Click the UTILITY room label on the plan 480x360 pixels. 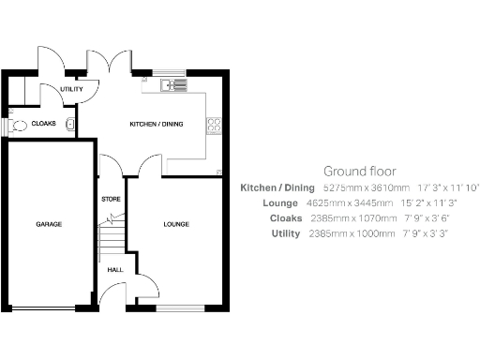tap(71, 90)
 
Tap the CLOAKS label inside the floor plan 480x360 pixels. tap(43, 124)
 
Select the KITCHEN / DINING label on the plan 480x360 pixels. tap(155, 124)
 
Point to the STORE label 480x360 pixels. tap(111, 200)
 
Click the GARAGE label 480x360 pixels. tap(49, 225)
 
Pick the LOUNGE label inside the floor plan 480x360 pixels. tap(175, 225)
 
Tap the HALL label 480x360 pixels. tap(115, 270)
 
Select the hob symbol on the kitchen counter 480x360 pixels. tap(216, 122)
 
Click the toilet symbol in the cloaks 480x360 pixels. tap(18, 124)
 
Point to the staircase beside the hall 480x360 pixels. tap(112, 234)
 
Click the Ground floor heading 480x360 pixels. tap(359, 172)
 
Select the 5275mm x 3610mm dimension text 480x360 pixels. tap(359, 187)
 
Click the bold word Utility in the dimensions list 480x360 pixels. tap(282, 233)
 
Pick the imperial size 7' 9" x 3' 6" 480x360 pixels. tap(426, 218)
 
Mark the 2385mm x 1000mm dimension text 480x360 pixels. tap(352, 233)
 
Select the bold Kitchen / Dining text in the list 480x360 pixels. tap(277, 187)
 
